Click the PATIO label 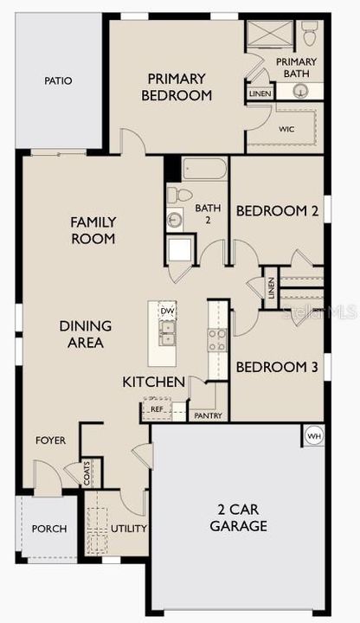58,81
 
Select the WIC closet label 286,128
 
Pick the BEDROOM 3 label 276,367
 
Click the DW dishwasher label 166,311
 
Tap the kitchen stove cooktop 216,339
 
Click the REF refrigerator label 157,409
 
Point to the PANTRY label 208,415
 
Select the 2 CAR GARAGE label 237,517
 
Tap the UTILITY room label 129,528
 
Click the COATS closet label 88,473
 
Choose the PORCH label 48,529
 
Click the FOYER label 50,440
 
